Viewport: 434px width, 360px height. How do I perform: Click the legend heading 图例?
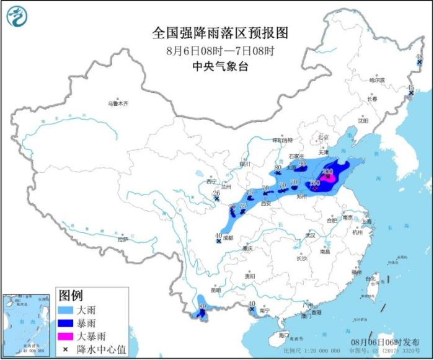[x=71, y=294]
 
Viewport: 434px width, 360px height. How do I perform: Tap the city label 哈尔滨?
[x=377, y=80]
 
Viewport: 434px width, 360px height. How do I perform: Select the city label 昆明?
[x=215, y=289]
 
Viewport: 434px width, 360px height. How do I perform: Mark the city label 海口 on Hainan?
[x=283, y=335]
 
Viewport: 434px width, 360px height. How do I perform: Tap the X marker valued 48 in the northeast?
[x=419, y=63]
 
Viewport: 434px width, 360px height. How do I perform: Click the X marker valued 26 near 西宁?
[x=216, y=199]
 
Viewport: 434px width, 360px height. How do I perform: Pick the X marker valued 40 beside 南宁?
[x=252, y=309]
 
